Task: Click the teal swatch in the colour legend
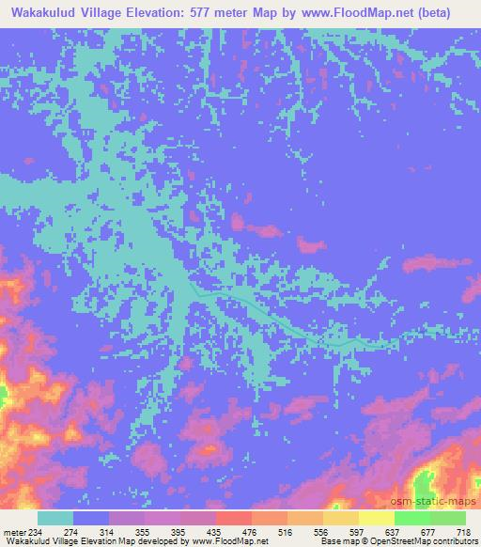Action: (54, 518)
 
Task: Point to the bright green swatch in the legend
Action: (411, 518)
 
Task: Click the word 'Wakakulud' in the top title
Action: (44, 13)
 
